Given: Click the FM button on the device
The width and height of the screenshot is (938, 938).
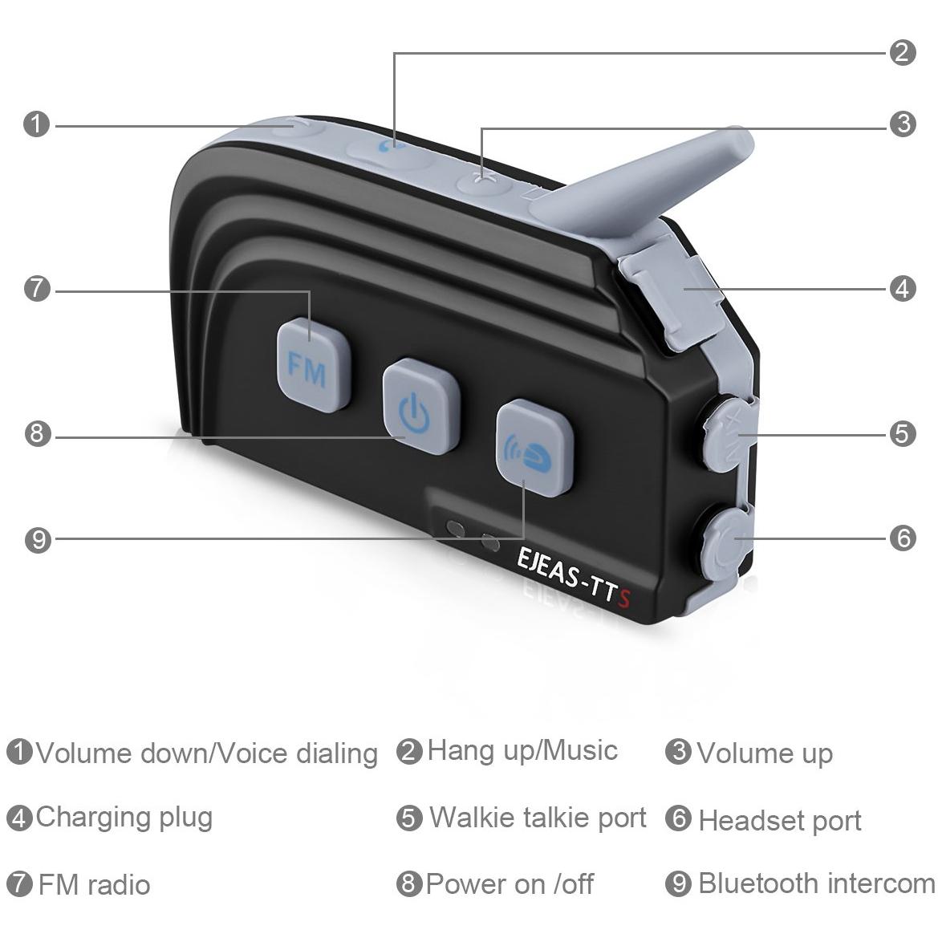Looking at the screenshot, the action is [313, 365].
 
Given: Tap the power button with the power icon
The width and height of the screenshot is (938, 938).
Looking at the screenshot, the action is [421, 406].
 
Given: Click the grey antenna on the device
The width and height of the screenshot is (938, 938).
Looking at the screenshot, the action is [643, 180].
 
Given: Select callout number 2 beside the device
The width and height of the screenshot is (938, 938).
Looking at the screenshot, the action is [903, 53].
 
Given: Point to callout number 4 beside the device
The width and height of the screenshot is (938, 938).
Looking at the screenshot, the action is [903, 289].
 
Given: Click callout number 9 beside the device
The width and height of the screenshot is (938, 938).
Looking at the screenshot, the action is [38, 540].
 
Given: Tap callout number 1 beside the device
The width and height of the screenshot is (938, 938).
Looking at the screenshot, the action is [36, 124].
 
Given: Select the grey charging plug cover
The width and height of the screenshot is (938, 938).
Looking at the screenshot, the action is [670, 290].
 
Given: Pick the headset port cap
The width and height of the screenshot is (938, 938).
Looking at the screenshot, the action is [726, 542].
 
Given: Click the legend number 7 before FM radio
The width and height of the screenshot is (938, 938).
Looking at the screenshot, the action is [19, 883].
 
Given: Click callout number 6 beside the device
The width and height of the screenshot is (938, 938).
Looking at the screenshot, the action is [903, 538].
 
